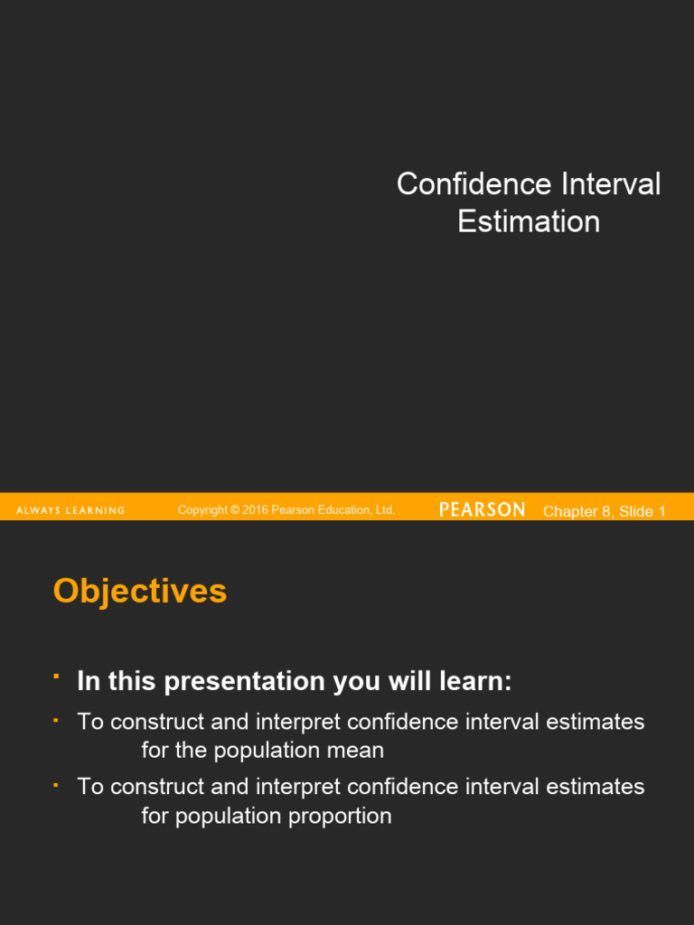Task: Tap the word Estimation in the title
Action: (529, 221)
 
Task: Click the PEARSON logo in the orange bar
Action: (482, 510)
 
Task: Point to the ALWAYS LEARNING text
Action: (70, 511)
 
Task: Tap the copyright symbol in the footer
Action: (235, 510)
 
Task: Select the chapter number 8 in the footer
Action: (605, 512)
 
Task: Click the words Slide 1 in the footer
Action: (642, 512)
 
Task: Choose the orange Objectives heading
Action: (140, 592)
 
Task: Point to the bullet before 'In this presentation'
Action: (56, 676)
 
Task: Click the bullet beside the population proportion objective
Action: (56, 785)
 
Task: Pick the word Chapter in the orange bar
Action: (570, 512)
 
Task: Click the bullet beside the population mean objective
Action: (56, 720)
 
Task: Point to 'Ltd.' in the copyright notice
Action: (385, 510)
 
